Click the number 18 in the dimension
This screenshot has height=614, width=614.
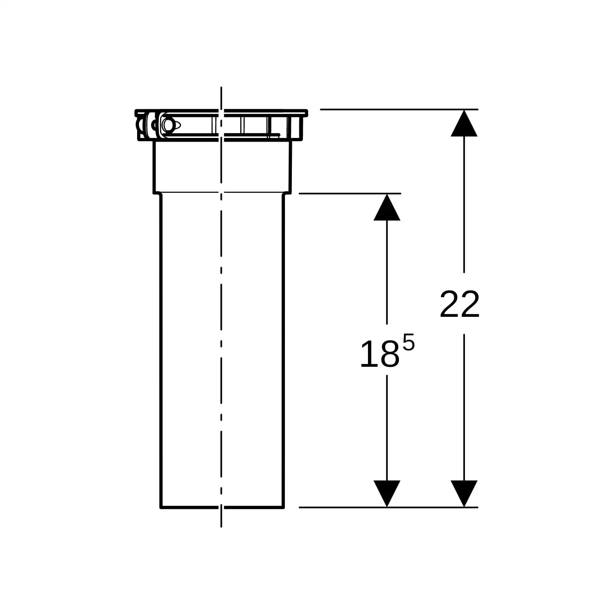[379, 354]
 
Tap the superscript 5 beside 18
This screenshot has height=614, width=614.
[408, 342]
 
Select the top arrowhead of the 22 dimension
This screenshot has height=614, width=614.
[464, 123]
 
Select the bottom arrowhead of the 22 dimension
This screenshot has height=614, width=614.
[464, 493]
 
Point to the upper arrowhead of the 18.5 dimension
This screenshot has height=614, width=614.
[387, 208]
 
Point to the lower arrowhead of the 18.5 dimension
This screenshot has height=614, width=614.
[387, 493]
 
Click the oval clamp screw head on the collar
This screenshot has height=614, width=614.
[168, 124]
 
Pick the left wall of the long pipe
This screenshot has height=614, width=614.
[160, 348]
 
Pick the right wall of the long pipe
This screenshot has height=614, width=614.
[283, 348]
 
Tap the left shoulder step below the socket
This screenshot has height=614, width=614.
[156, 193]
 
